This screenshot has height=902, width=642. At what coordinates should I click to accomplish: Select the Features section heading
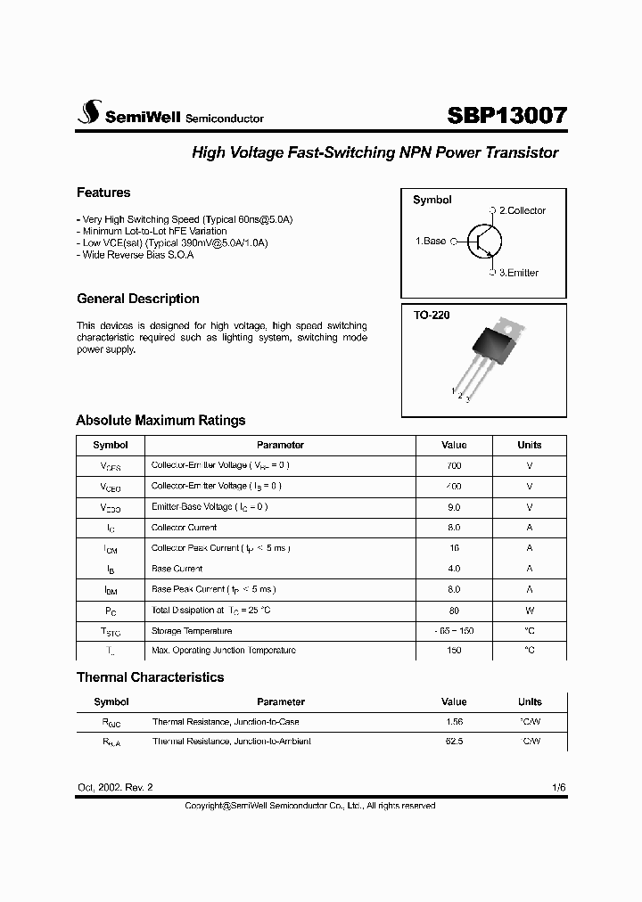[x=103, y=193]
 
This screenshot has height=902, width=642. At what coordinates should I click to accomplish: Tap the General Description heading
[x=138, y=299]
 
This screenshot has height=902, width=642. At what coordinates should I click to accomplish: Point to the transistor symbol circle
[x=484, y=242]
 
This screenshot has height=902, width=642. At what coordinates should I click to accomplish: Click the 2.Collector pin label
[x=522, y=210]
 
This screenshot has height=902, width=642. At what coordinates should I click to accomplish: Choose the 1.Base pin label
[x=431, y=242]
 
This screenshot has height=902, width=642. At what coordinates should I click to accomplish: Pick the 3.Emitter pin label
[x=518, y=273]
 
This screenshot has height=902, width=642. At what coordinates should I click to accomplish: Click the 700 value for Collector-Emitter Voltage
[x=453, y=465]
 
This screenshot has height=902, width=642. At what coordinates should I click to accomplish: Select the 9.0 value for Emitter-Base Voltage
[x=453, y=506]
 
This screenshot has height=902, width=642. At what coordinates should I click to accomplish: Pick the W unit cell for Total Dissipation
[x=529, y=611]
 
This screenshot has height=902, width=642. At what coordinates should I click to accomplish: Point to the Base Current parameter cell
[x=177, y=568]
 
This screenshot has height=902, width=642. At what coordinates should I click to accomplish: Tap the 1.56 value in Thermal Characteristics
[x=453, y=721]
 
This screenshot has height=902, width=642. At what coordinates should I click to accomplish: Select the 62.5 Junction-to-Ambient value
[x=453, y=742]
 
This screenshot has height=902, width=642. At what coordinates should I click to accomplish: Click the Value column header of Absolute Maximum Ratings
[x=453, y=445]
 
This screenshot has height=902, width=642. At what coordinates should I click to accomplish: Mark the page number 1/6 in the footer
[x=558, y=788]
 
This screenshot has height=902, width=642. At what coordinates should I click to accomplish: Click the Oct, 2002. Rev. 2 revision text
[x=115, y=788]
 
